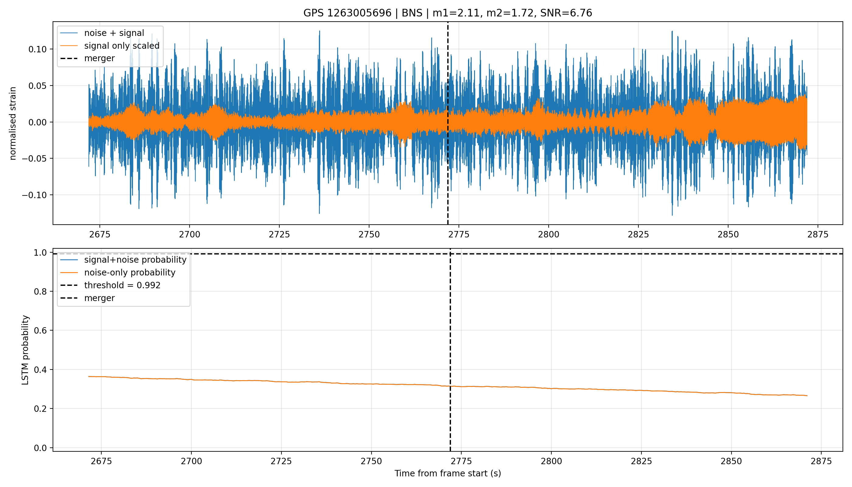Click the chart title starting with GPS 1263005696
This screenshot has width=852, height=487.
[447, 13]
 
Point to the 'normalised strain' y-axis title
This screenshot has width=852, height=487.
[13, 123]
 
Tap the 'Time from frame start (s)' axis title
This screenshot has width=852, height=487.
[447, 473]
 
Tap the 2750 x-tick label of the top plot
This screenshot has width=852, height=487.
[369, 234]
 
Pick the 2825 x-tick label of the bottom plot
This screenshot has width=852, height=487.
[641, 461]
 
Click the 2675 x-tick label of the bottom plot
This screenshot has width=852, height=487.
[101, 461]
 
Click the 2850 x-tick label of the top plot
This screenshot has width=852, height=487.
[728, 234]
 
